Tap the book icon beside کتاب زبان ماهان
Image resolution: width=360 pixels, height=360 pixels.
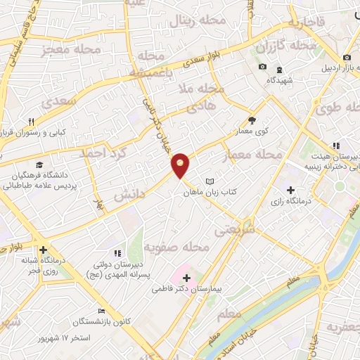click(x=209, y=181)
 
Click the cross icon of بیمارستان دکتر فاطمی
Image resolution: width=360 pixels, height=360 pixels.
click(x=186, y=278)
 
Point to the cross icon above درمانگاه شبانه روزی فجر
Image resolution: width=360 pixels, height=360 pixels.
click(x=44, y=250)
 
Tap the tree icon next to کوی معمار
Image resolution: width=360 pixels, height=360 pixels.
click(x=252, y=120)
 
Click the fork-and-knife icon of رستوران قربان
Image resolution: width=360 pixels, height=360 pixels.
click(x=32, y=121)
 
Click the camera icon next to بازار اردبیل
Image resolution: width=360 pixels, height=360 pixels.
click(x=346, y=58)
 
